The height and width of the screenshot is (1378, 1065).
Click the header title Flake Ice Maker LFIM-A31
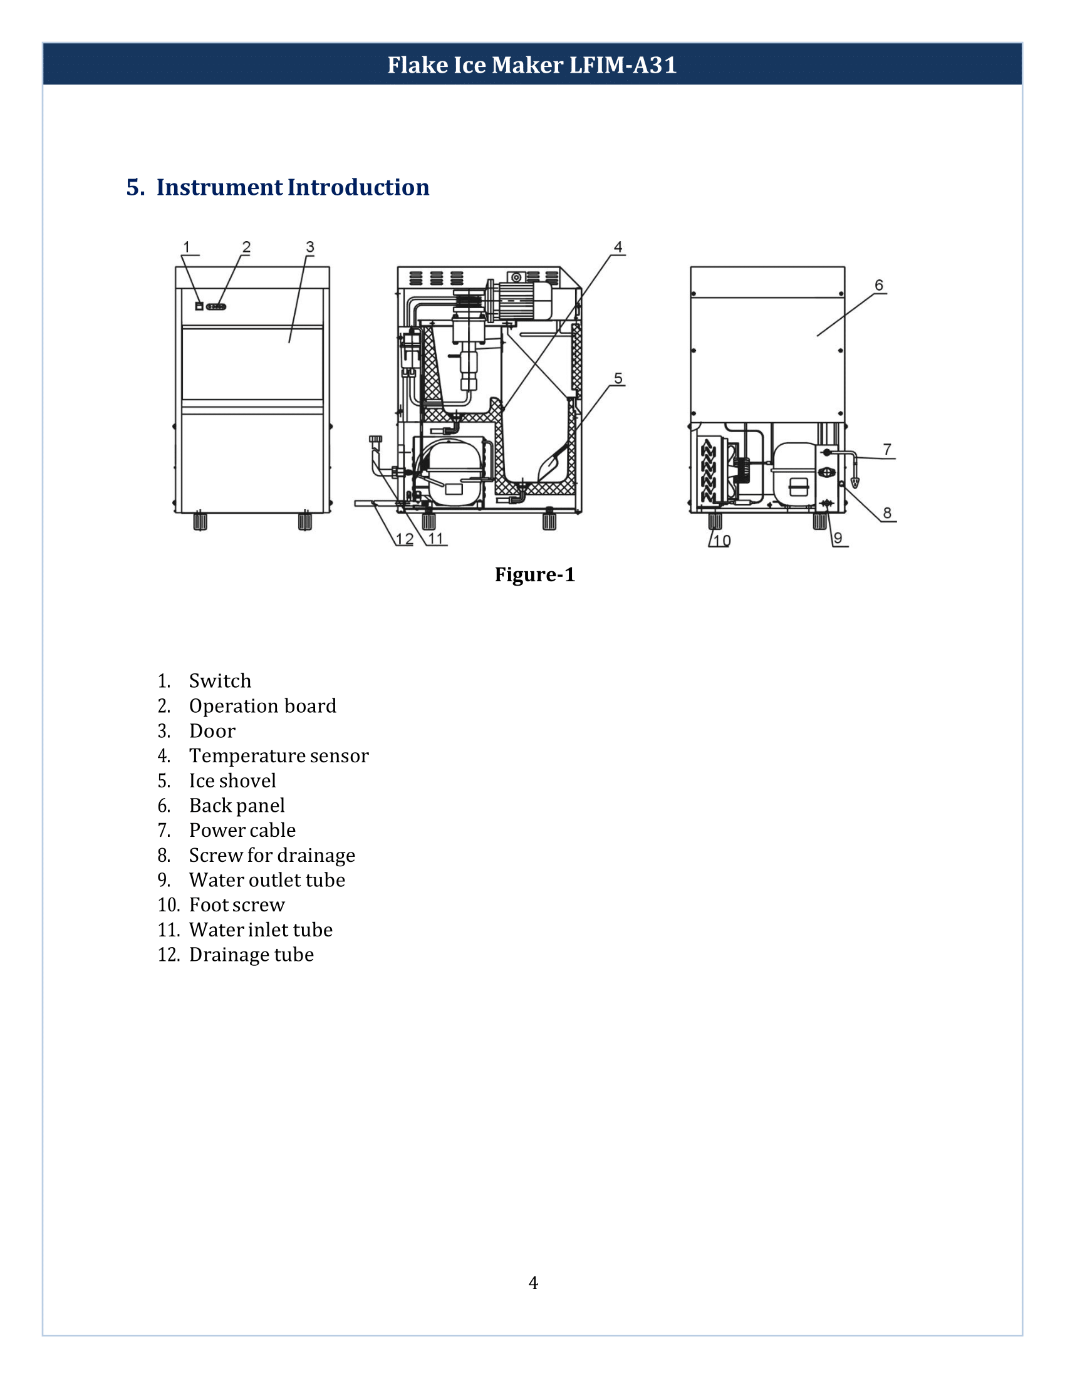532,65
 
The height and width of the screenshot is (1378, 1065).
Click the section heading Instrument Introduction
292,187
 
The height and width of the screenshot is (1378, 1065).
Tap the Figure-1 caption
534,574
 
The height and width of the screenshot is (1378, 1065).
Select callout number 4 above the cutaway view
618,247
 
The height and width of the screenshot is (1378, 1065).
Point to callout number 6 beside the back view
878,285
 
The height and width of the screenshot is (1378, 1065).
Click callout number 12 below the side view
405,539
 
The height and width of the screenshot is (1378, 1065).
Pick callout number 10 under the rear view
722,540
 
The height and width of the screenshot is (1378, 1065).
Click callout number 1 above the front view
186,247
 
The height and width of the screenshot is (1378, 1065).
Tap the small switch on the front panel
199,306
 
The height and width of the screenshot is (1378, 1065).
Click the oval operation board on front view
216,307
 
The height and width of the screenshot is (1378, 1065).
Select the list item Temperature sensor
278,755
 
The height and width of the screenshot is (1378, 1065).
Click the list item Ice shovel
232,780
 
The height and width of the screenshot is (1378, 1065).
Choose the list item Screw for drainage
271,855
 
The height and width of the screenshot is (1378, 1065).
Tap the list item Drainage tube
251,955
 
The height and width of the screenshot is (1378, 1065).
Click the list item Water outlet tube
267,879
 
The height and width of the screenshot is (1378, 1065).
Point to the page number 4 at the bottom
533,1283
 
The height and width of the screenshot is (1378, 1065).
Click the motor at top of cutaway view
523,300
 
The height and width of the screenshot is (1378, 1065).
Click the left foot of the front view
200,521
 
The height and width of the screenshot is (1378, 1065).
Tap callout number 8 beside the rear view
887,512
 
